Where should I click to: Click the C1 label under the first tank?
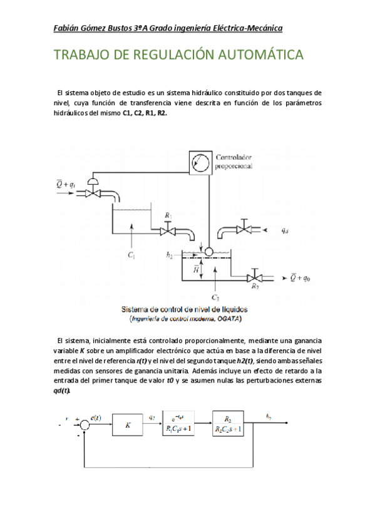[131, 255]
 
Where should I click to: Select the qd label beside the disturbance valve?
[285, 230]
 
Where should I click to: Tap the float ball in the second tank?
[208, 251]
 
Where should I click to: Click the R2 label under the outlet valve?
[255, 287]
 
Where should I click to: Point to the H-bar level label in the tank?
[196, 269]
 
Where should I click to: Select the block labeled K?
[128, 425]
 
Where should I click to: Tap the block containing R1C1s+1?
[179, 425]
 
